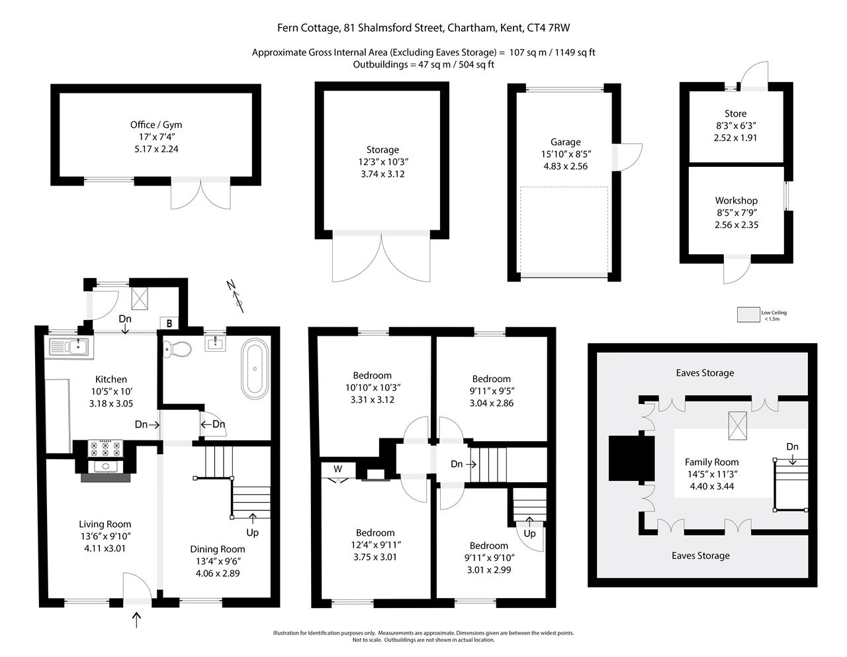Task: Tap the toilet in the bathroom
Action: pyautogui.click(x=176, y=347)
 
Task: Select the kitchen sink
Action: pyautogui.click(x=68, y=346)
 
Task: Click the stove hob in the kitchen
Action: pyautogui.click(x=106, y=448)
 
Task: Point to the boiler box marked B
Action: pyautogui.click(x=169, y=323)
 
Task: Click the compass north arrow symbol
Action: pyautogui.click(x=236, y=295)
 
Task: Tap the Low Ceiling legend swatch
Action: pyautogui.click(x=748, y=314)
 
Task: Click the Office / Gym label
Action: pyautogui.click(x=156, y=125)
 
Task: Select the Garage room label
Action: pyautogui.click(x=565, y=142)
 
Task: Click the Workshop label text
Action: pyautogui.click(x=736, y=201)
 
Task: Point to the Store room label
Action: pyautogui.click(x=735, y=113)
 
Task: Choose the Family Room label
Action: pyautogui.click(x=711, y=462)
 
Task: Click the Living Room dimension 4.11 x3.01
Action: pyautogui.click(x=105, y=548)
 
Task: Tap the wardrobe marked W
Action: pyautogui.click(x=337, y=469)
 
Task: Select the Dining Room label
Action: pyautogui.click(x=217, y=549)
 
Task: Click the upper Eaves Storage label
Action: pyautogui.click(x=705, y=373)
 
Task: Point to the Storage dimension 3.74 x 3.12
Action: pyautogui.click(x=382, y=174)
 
